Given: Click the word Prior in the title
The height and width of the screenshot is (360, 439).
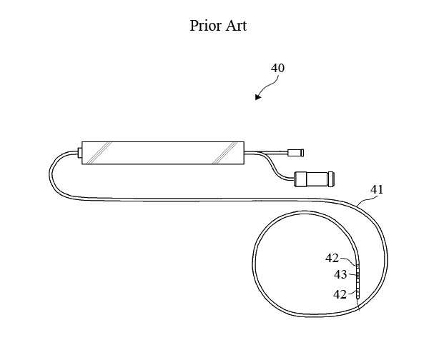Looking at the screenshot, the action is pyautogui.click(x=206, y=26).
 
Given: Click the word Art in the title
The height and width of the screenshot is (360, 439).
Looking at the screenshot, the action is pyautogui.click(x=236, y=26).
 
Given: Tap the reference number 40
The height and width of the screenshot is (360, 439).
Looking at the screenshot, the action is pyautogui.click(x=277, y=68).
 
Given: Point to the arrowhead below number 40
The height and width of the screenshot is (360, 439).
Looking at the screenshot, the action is pyautogui.click(x=258, y=96).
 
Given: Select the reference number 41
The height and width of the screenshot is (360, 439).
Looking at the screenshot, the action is pyautogui.click(x=377, y=190).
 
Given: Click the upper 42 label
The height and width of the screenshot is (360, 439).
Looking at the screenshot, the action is pyautogui.click(x=332, y=258).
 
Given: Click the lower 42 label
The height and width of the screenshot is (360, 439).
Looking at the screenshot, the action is pyautogui.click(x=340, y=294).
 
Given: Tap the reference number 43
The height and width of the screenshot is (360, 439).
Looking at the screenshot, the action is pyautogui.click(x=340, y=275).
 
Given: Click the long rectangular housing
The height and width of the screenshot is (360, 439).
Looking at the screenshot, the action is pyautogui.click(x=163, y=153).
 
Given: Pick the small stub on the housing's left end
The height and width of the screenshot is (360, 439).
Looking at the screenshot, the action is pyautogui.click(x=79, y=153).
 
